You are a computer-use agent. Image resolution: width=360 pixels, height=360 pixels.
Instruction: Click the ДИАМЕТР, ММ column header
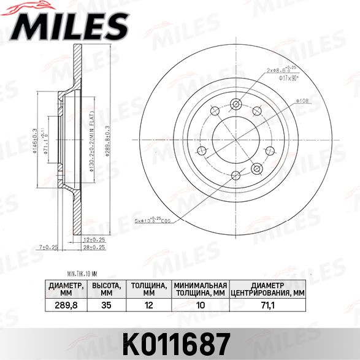point(66,289)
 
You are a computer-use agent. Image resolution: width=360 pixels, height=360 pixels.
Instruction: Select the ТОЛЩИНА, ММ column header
point(147,289)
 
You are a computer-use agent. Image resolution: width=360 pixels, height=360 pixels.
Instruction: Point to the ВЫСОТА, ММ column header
point(105,289)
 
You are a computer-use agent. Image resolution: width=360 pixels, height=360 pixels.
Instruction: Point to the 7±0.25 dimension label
point(49,247)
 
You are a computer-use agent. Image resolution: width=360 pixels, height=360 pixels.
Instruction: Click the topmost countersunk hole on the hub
point(236,104)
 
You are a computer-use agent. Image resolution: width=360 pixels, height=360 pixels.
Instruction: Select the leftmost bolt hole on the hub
point(213,111)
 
